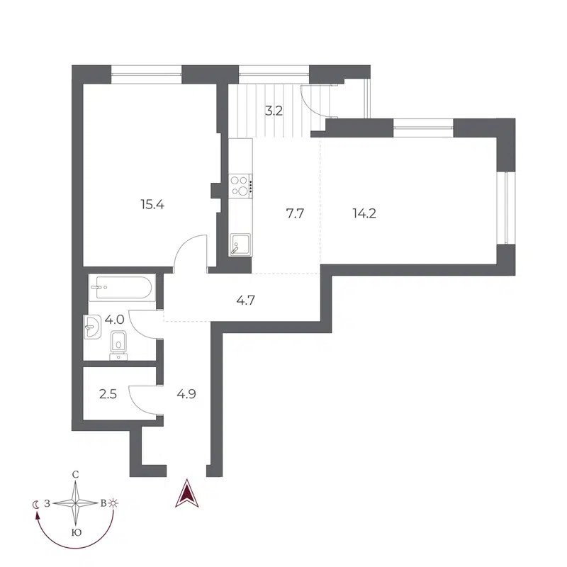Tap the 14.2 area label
[x=364, y=213]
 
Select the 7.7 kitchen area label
[x=295, y=213]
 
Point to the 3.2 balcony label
[x=274, y=111]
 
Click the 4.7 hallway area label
[x=245, y=299]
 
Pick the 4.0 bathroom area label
[x=113, y=320]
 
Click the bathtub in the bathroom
[x=120, y=288]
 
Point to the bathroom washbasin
[x=93, y=327]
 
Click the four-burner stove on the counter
[x=241, y=185]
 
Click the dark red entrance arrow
[x=186, y=494]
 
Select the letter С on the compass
[x=75, y=474]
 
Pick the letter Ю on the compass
[x=75, y=532]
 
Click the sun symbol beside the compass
[x=114, y=503]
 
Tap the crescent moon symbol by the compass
[x=35, y=504]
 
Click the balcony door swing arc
[x=314, y=106]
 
